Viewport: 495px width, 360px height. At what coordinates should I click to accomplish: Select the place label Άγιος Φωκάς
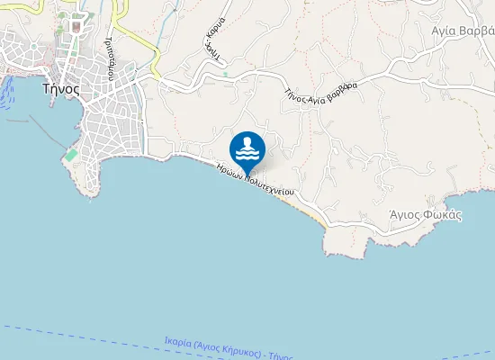[425, 215]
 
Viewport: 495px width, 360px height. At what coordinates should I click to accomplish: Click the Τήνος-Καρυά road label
[212, 40]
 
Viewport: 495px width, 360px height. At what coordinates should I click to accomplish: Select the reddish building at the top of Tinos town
[76, 27]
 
